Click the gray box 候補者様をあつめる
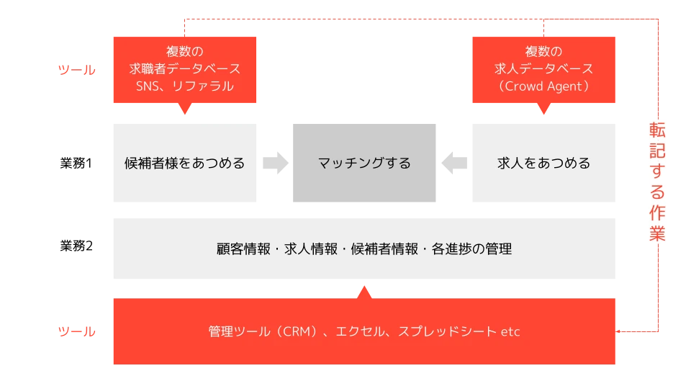coord(185,163)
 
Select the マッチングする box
coord(364,163)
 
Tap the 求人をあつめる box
coord(544,163)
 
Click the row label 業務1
coord(76,164)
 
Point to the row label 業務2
coord(76,246)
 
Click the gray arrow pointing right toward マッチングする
coord(276,163)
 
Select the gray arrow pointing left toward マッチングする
coord(454,163)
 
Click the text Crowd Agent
coord(543,86)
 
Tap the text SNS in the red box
coord(147,86)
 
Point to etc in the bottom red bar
coord(510,331)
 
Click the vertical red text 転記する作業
coord(657,182)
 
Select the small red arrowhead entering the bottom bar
coord(618,331)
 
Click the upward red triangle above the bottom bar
coord(364,292)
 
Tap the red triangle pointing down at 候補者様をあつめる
coord(185,109)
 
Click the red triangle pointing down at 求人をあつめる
coord(544,109)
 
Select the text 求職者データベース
coord(185,69)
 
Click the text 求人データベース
coord(543,69)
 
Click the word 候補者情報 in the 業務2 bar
coord(384,249)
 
